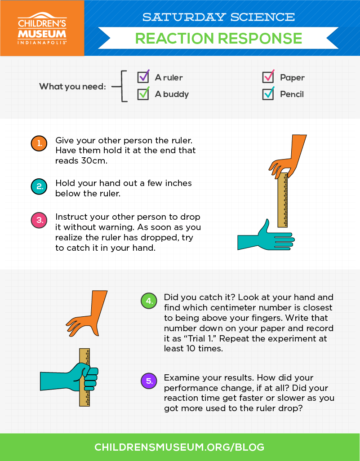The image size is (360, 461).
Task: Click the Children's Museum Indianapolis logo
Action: [42, 28]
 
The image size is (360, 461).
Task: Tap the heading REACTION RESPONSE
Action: [218, 38]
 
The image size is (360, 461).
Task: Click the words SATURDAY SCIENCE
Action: [218, 17]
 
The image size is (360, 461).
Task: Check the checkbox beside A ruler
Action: [143, 77]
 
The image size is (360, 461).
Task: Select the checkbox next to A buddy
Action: [143, 94]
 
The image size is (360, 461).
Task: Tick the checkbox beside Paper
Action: [268, 77]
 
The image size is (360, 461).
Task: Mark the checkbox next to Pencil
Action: [268, 94]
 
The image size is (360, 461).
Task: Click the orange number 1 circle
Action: [39, 143]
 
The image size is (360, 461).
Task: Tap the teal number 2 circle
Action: [39, 186]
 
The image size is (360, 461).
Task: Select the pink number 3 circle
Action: [39, 220]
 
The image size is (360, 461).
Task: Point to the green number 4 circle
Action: [149, 301]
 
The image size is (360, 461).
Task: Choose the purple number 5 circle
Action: [149, 381]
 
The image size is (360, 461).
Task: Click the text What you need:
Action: [73, 86]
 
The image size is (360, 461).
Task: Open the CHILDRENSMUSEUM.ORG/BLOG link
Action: [179, 447]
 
